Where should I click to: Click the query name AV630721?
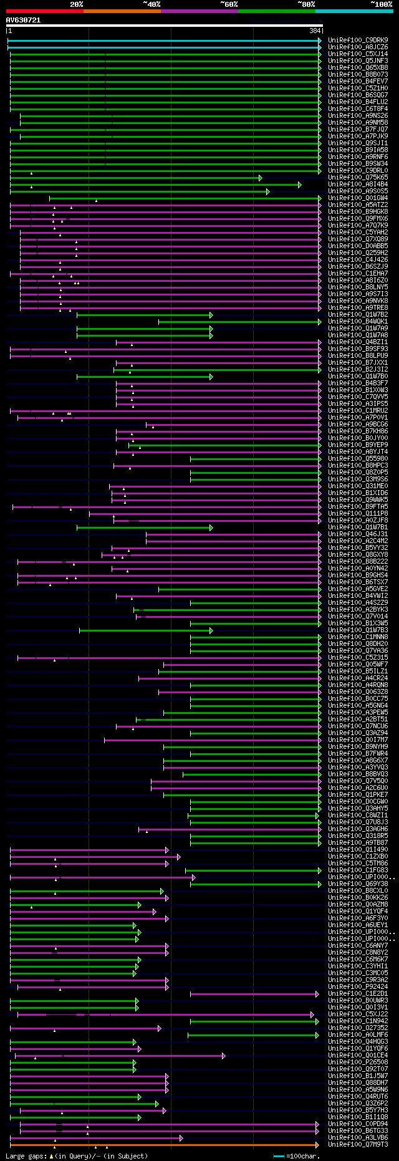tap(24, 20)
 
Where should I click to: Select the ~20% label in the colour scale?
tap(77, 4)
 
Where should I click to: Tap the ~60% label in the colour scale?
tap(229, 4)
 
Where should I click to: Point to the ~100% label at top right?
tap(381, 4)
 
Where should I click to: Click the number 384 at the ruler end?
tap(315, 31)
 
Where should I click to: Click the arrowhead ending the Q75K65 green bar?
tap(261, 178)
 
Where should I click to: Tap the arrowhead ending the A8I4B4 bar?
tap(300, 185)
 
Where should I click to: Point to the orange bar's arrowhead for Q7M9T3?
tap(317, 1145)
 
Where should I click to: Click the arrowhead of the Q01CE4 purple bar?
tap(223, 1056)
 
